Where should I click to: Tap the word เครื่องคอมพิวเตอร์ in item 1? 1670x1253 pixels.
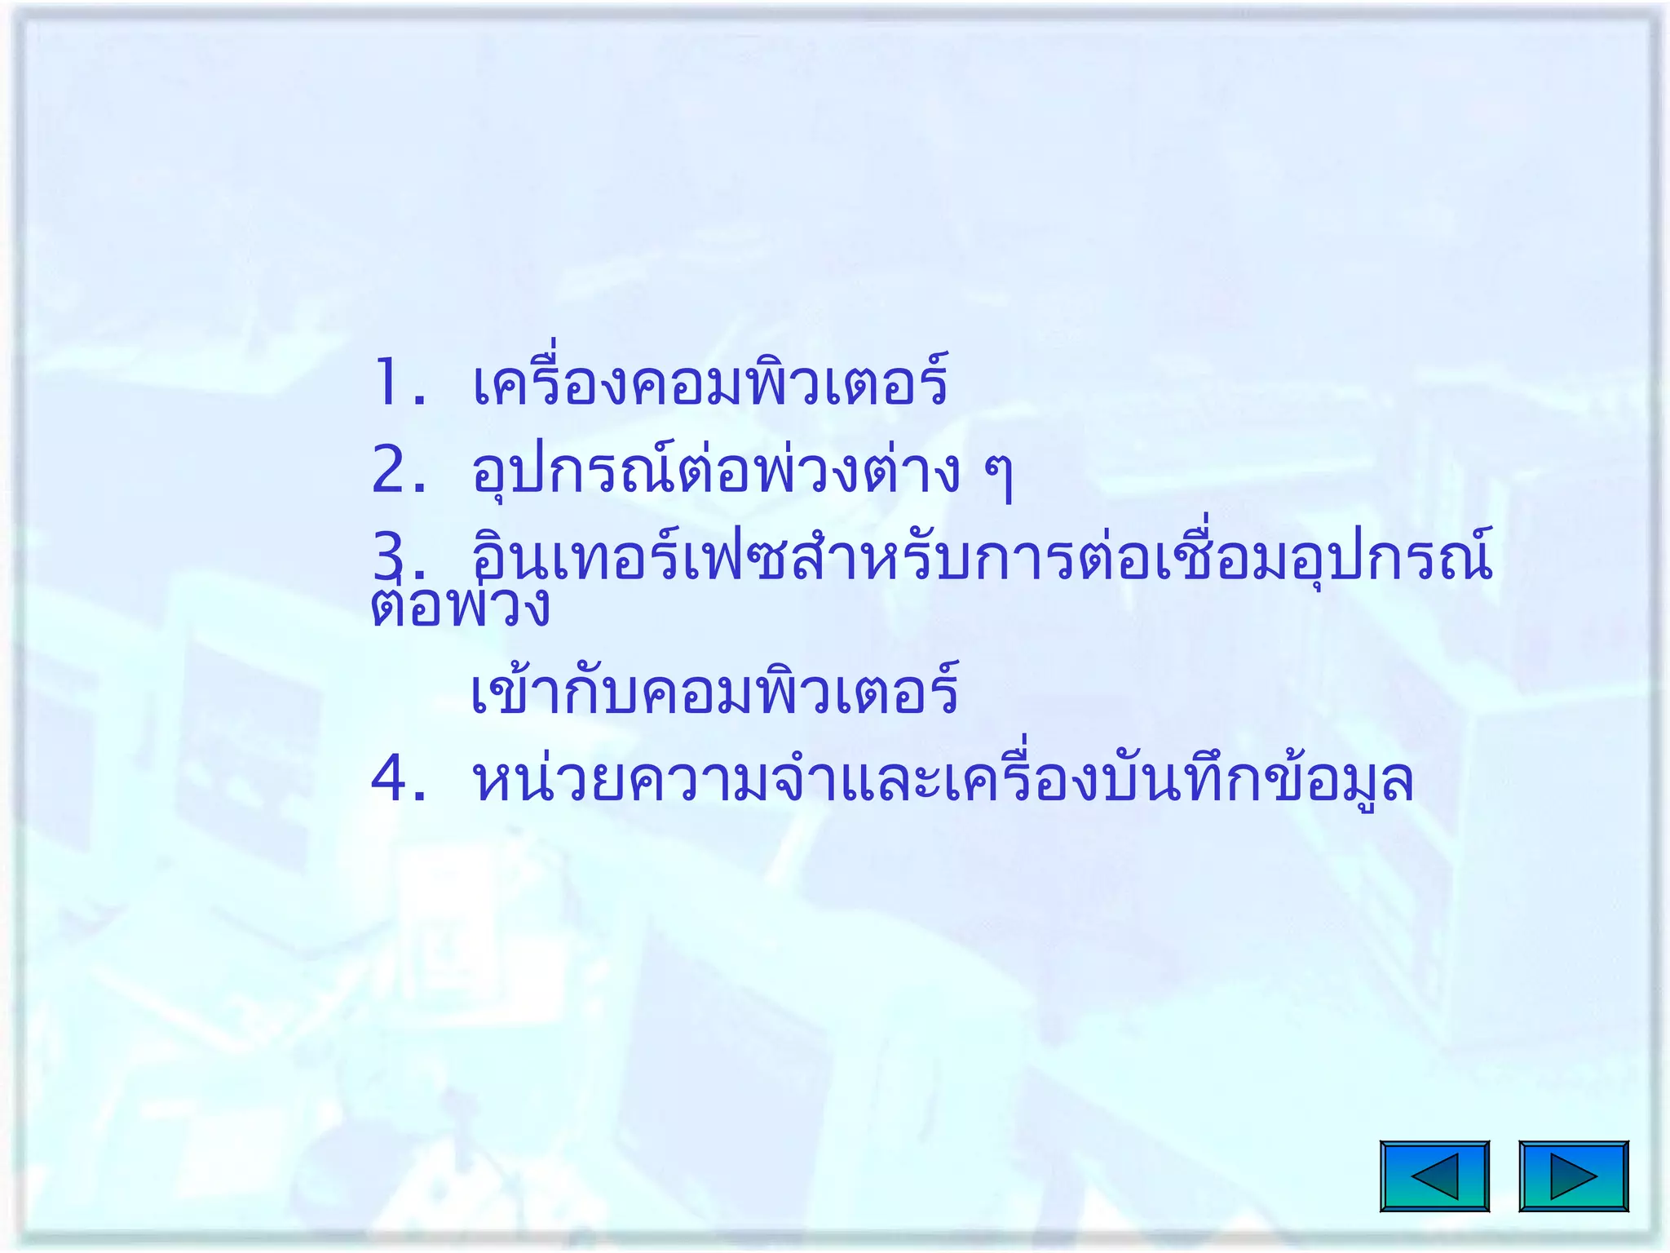709,383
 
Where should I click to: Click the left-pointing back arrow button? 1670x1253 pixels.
1434,1176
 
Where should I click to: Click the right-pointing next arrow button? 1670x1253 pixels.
1573,1176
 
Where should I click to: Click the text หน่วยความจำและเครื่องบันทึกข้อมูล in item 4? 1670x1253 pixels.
943,780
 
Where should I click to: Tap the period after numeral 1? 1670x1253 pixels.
420,401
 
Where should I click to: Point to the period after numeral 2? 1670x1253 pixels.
420,490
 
